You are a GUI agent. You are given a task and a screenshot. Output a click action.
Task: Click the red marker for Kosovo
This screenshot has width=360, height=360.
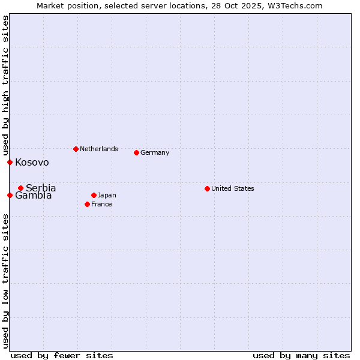click(10, 162)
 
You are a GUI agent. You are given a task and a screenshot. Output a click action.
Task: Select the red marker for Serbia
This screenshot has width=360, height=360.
click(20, 188)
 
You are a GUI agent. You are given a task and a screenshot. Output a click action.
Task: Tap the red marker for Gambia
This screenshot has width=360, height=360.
click(10, 195)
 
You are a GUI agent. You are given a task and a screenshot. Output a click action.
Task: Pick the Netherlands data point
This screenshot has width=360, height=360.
click(76, 149)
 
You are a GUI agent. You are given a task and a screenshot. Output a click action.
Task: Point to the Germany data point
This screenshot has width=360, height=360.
click(136, 152)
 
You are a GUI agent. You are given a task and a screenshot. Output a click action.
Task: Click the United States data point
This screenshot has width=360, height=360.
click(207, 188)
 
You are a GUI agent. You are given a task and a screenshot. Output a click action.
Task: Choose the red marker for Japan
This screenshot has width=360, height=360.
click(94, 195)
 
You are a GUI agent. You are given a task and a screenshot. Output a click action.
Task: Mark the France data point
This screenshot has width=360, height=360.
click(88, 204)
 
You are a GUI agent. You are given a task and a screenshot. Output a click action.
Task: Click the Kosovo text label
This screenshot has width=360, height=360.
click(32, 163)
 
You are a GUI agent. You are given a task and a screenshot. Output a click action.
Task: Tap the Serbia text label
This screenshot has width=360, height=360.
click(41, 188)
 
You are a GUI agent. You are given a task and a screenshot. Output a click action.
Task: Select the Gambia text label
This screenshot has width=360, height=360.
click(34, 196)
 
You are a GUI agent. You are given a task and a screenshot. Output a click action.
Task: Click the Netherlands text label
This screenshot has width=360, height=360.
click(99, 149)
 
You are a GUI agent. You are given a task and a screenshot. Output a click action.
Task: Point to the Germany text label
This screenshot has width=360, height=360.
click(155, 152)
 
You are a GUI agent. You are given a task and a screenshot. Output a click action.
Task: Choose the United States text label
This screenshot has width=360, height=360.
click(233, 188)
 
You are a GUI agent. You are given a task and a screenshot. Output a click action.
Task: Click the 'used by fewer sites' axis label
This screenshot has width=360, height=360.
click(62, 355)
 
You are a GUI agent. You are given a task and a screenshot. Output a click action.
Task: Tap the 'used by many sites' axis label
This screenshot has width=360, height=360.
click(301, 355)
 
